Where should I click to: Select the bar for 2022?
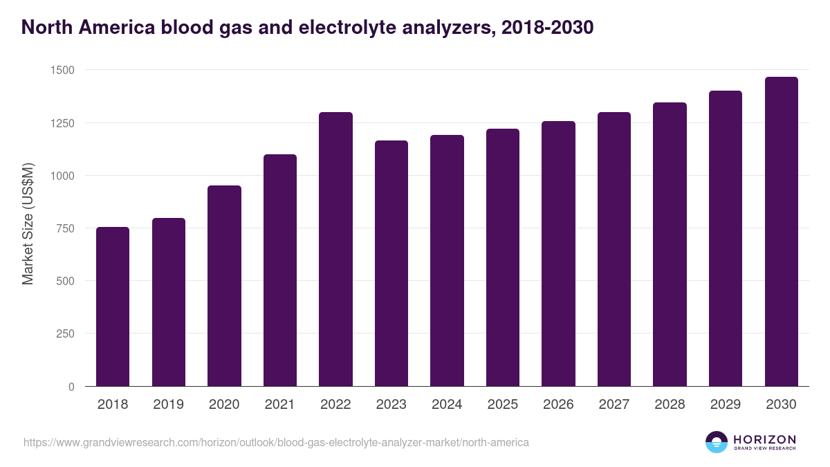point(335,249)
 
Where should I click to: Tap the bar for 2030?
point(781,232)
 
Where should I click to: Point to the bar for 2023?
point(391,264)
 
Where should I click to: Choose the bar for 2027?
point(614,249)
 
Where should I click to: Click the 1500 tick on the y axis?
point(63,71)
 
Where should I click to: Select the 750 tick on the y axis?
point(66,228)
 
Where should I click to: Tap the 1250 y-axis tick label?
point(63,123)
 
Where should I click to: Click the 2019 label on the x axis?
point(169,405)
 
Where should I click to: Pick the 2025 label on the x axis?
point(503,405)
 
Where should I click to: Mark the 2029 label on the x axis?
point(726,405)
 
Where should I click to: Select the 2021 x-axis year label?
point(280,405)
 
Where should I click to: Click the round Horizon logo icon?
point(717,442)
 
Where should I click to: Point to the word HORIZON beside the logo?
point(764,439)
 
